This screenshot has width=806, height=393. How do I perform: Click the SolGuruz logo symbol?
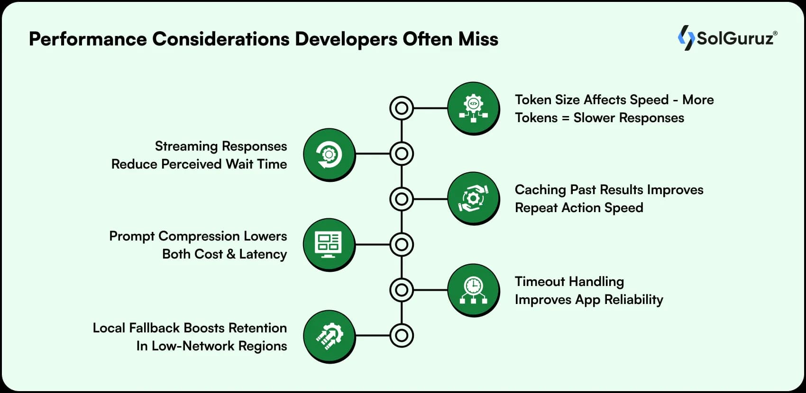686,37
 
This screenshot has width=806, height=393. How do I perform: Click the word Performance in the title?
88,39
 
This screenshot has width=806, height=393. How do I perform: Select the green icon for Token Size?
473,108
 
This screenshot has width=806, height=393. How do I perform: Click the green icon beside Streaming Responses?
329,154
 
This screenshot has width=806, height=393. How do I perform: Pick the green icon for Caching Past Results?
473,198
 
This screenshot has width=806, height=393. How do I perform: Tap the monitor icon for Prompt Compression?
329,244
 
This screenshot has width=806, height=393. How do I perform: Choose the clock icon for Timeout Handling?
473,290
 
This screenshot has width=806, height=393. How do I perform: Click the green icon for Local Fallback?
329,336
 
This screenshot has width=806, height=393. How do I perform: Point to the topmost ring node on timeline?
402,108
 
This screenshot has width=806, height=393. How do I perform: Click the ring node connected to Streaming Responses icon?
402,154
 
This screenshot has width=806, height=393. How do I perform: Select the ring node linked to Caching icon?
402,199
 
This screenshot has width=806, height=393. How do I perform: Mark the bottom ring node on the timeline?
402,335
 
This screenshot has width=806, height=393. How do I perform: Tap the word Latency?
263,254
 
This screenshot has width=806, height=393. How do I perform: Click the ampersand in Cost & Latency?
231,254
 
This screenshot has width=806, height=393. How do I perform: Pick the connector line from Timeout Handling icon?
430,290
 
